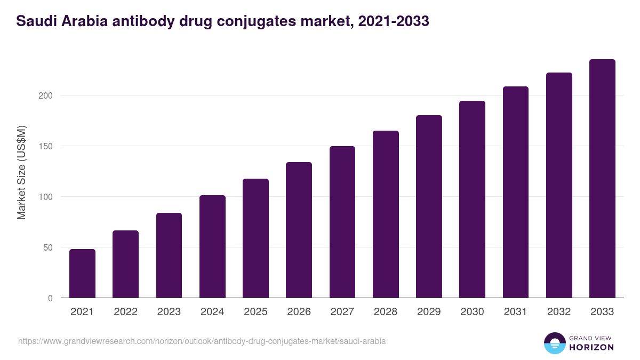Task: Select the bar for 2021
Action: coord(82,273)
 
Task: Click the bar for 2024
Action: coord(212,246)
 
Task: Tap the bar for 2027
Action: coord(342,222)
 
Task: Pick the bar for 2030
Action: coord(472,199)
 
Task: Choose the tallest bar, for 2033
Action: coord(602,178)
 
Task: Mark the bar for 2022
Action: coord(125,264)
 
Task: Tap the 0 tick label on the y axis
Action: coord(50,298)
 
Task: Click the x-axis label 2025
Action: coord(255,312)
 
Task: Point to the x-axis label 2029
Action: coord(429,312)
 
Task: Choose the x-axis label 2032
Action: coord(559,312)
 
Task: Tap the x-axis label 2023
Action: coord(169,312)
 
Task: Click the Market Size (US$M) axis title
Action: coord(21,172)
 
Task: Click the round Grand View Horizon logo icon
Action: coord(554,343)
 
